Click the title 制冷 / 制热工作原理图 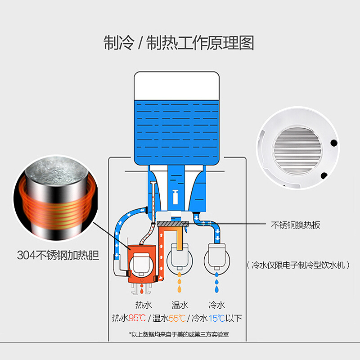(x=179, y=43)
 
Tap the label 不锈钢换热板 (x=296, y=225)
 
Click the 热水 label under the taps (x=143, y=304)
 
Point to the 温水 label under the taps (x=180, y=304)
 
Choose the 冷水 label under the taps (x=216, y=304)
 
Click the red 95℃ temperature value (x=137, y=319)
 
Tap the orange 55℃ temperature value (x=177, y=319)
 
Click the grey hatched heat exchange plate (x=172, y=224)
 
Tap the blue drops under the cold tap (x=217, y=279)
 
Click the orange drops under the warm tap (x=180, y=280)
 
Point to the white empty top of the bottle (x=176, y=85)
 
